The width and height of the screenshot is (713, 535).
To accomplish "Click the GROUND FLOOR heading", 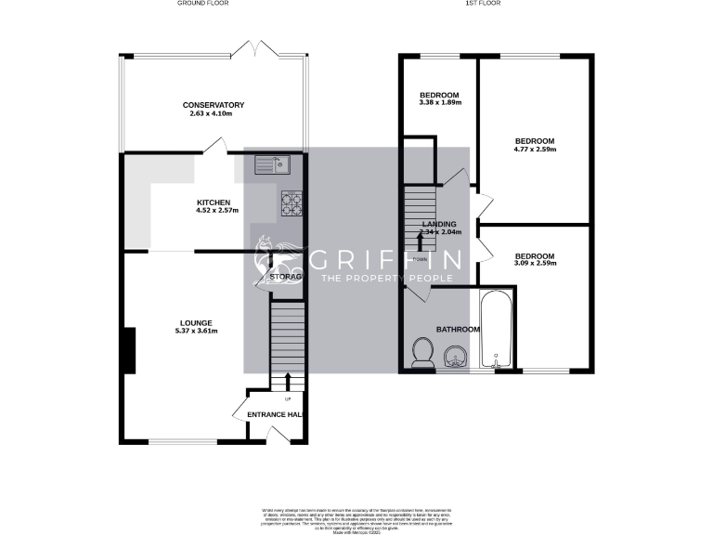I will (x=202, y=4).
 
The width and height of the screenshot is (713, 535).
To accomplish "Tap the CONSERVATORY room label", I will (x=214, y=105).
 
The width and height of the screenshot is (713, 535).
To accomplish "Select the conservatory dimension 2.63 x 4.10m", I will (x=214, y=114).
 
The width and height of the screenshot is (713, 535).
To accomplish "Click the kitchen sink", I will (x=274, y=165).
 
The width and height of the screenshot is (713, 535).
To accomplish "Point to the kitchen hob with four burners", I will (x=291, y=202).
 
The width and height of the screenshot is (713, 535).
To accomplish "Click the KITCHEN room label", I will (x=214, y=203).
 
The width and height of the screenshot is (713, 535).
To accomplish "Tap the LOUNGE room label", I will (x=197, y=323).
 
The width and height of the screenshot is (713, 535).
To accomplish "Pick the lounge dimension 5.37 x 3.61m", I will (x=197, y=332).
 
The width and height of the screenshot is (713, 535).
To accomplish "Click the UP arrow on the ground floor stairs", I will (x=288, y=383).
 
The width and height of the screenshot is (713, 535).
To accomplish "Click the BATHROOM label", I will (x=458, y=330).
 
